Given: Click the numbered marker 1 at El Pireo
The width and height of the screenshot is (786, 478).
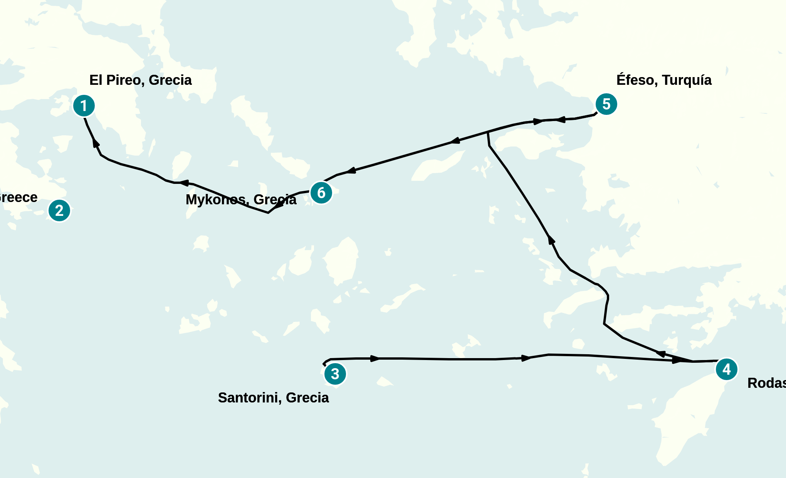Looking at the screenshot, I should click(84, 106).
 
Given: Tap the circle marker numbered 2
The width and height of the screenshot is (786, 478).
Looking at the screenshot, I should click(59, 210).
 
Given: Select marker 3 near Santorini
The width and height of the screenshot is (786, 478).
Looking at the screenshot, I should click(335, 374).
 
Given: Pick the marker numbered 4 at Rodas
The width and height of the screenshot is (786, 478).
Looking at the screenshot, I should click(726, 369).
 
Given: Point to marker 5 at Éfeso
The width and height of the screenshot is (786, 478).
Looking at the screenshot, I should click(606, 104).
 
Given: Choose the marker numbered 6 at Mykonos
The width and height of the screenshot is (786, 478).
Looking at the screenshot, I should click(321, 193).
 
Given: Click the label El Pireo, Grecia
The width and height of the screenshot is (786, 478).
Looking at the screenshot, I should click(140, 80).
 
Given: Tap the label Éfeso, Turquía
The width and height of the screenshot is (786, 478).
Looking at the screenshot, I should click(663, 80).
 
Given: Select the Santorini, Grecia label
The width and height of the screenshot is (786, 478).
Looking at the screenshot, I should click(273, 397).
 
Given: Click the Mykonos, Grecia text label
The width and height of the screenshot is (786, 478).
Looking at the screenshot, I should click(241, 200).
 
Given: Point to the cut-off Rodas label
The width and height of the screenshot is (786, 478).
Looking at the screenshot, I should click(766, 383).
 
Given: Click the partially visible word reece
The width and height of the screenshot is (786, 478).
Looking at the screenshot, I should click(18, 197).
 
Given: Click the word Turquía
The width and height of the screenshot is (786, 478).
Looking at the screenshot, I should click(687, 80).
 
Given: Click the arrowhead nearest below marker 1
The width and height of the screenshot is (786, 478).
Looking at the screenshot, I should click(96, 143).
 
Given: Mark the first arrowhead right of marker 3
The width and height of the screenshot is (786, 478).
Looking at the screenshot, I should click(375, 358).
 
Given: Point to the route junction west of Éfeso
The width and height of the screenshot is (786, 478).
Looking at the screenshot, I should click(488, 133).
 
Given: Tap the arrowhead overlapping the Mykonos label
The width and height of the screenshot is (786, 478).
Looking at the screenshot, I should click(278, 204).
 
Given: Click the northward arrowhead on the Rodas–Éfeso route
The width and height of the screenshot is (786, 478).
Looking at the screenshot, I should click(551, 240).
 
